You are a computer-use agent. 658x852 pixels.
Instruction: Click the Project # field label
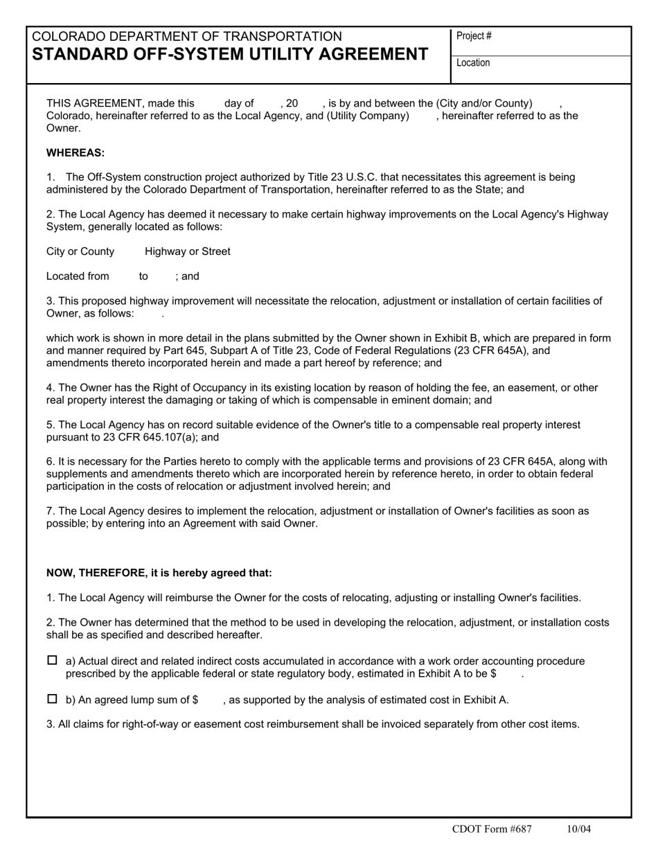(474, 36)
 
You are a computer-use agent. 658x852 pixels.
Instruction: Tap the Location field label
(473, 63)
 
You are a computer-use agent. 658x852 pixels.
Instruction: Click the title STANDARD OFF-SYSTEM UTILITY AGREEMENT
(230, 54)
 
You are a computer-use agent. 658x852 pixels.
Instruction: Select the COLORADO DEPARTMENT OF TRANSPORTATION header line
(187, 36)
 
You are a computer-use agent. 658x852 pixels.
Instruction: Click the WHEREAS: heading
(75, 152)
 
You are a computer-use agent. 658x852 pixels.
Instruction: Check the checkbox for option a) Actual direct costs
(52, 661)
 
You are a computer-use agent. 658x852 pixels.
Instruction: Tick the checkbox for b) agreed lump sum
(52, 699)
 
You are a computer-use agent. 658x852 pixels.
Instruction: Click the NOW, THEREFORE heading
(159, 573)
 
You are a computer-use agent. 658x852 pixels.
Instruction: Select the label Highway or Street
(188, 251)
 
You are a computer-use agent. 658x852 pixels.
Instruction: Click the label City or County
(80, 251)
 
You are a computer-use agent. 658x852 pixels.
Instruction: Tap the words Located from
(78, 276)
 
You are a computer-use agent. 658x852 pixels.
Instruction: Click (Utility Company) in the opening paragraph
(368, 116)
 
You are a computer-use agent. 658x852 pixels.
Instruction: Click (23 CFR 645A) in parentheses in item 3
(493, 350)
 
